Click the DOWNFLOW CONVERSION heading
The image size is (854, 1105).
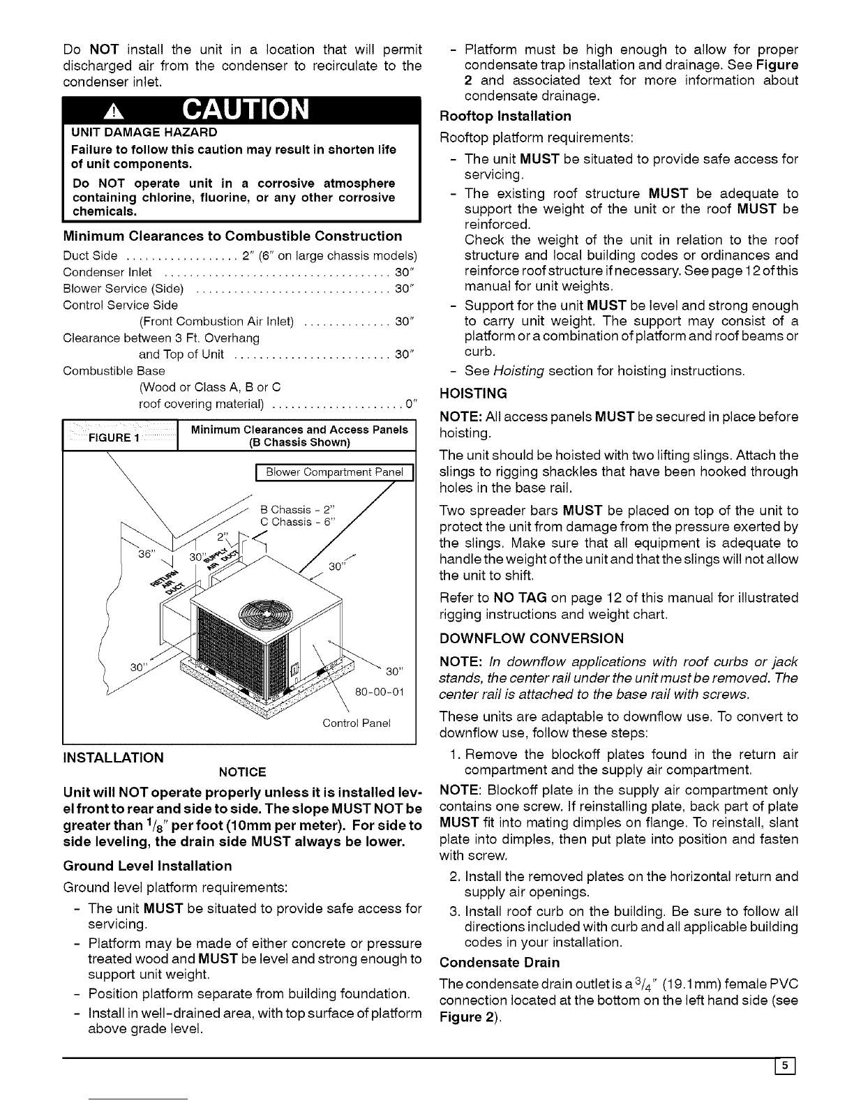(532, 638)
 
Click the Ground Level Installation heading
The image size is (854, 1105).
(147, 866)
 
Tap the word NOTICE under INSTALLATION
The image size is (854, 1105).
(242, 772)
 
